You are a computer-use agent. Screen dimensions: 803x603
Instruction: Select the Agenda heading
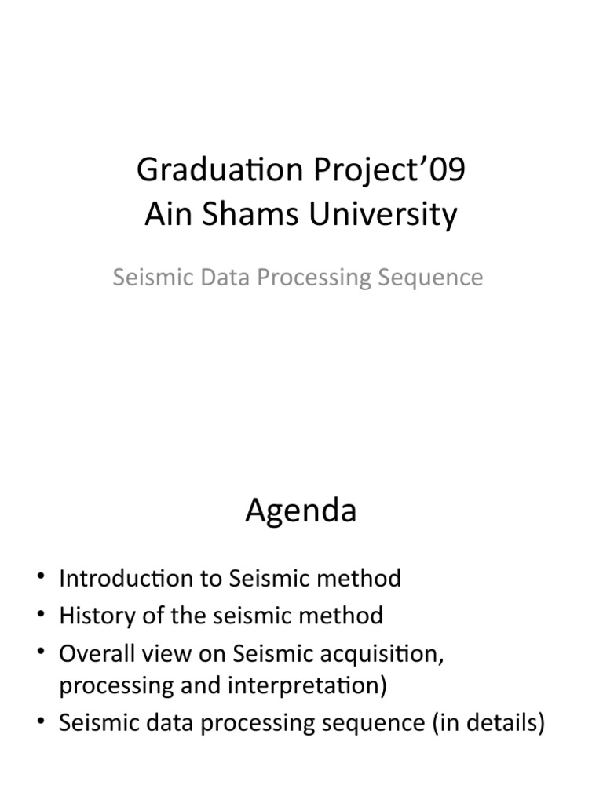301,511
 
